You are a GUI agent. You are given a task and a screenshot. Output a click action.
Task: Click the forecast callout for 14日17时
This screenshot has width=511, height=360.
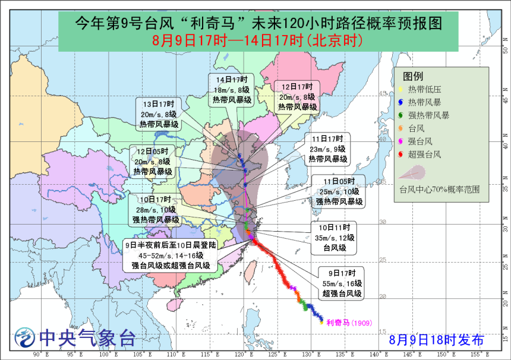232,90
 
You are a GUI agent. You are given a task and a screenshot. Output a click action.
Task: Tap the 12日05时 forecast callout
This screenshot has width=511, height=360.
153,162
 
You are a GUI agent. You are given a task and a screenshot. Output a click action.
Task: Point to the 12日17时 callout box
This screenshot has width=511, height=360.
297,97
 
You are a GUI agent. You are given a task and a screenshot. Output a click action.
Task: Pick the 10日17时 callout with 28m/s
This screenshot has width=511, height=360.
156,210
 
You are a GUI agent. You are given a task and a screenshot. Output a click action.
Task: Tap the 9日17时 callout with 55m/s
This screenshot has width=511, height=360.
341,283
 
